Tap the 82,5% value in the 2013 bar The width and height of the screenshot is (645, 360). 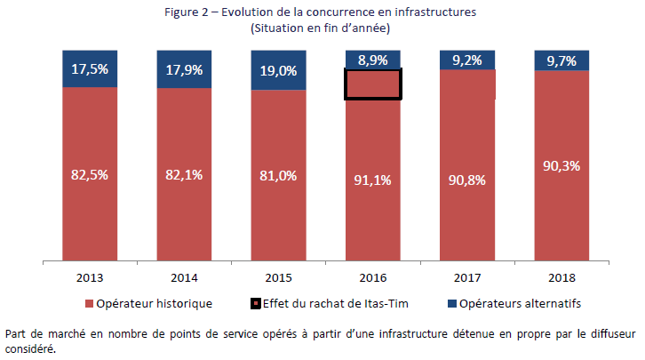coord(90,174)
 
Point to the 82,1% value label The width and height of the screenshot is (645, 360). coord(184,175)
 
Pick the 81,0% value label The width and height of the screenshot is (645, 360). coord(278,177)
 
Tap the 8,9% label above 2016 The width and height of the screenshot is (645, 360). coord(373,60)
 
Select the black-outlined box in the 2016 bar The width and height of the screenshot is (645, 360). coord(373,84)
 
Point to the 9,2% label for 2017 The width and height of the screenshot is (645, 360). coord(467,60)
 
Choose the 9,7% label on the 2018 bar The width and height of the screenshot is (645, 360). coord(561,60)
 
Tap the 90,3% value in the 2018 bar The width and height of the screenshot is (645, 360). coord(561,165)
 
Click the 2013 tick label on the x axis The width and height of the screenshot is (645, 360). coord(90,276)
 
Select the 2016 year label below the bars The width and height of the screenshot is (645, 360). coord(373,276)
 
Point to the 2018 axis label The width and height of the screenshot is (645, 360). coord(561,276)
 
